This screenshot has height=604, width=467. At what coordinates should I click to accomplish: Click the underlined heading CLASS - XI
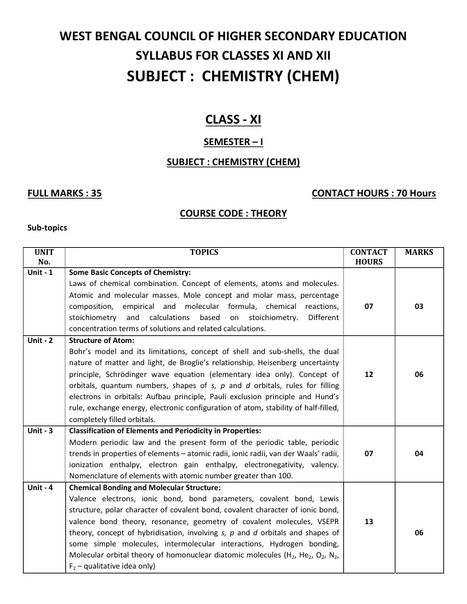(x=233, y=119)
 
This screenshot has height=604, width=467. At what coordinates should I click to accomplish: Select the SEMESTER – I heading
(x=233, y=142)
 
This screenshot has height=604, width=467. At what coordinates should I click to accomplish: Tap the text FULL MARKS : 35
(x=64, y=193)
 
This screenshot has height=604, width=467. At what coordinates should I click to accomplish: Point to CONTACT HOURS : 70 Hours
(x=374, y=193)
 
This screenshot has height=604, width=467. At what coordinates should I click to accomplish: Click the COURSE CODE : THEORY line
(x=233, y=213)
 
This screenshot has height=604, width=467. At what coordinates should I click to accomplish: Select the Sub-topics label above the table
(x=47, y=227)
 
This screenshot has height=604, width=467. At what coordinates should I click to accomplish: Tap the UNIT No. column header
(x=44, y=257)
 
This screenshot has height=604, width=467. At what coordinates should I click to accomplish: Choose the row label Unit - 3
(x=40, y=431)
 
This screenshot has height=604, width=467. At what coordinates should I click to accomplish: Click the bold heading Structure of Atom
(x=102, y=341)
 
